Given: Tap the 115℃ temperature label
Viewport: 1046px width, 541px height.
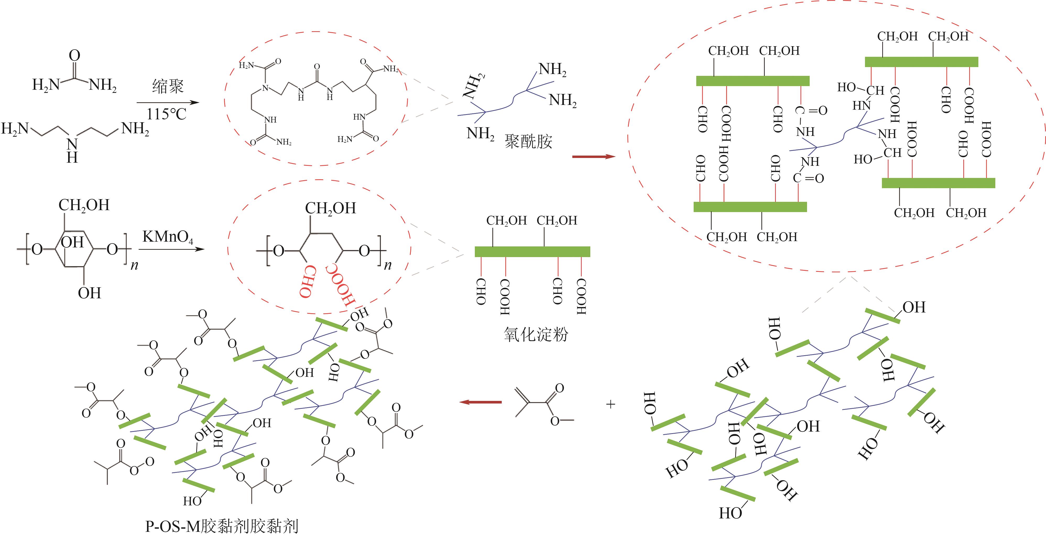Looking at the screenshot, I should [x=166, y=114].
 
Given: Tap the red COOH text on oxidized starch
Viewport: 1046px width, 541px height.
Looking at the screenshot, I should [x=340, y=287].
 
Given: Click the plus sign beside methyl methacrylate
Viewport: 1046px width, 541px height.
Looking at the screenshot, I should [x=610, y=404].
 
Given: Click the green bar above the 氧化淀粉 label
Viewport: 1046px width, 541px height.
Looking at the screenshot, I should [x=532, y=252].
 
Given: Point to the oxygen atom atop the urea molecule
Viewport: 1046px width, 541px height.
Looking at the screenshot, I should [x=75, y=56].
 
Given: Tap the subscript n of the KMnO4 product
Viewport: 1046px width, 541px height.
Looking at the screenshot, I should [x=388, y=266].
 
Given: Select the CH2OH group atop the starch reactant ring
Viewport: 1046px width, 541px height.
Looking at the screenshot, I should [x=84, y=205].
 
